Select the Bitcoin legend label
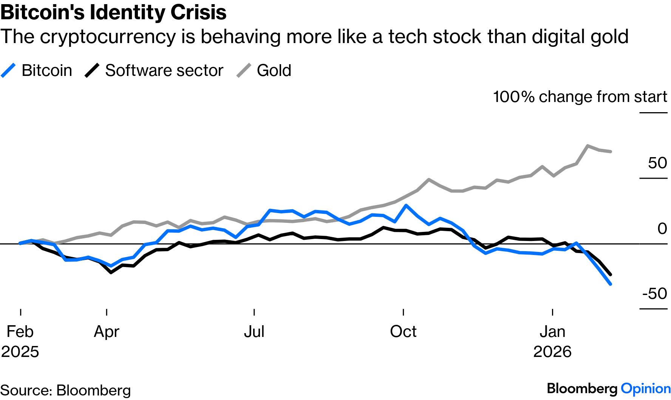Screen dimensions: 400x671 [47, 71]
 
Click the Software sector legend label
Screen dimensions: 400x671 [164, 71]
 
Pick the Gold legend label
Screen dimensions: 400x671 [274, 71]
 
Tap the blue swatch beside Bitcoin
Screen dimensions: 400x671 [8, 71]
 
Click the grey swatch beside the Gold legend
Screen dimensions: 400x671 [244, 71]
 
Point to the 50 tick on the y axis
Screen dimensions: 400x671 [657, 163]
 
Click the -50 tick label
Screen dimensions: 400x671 [654, 294]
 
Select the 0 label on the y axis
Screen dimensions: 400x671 [662, 229]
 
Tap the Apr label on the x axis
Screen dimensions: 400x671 [107, 332]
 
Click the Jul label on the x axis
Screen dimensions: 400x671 [254, 332]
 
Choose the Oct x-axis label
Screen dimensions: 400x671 [403, 332]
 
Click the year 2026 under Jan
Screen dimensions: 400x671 [552, 352]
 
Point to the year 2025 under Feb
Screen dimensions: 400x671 [20, 352]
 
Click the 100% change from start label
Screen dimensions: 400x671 [580, 97]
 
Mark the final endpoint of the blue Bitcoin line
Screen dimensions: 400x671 [610, 284]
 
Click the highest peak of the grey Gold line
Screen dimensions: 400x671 [588, 145]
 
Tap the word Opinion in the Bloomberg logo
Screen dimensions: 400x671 [645, 389]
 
